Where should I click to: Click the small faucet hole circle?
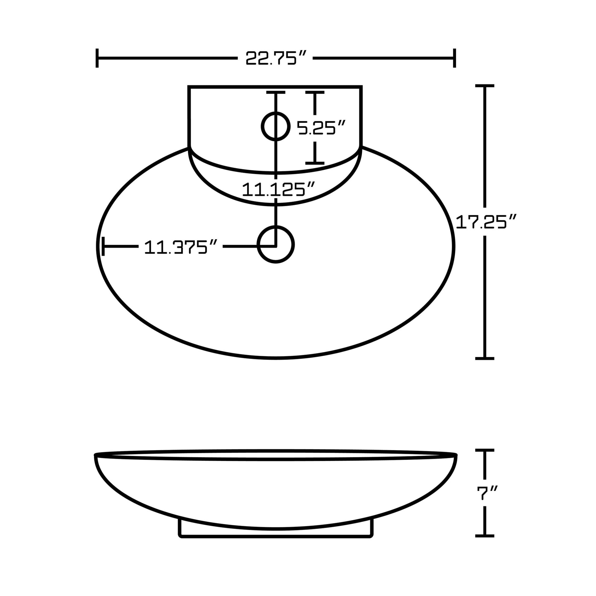(x=276, y=126)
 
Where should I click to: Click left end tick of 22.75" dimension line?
(x=97, y=58)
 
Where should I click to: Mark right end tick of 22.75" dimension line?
(x=454, y=58)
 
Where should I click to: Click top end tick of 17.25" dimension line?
(x=485, y=86)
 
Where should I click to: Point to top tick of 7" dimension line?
(x=485, y=451)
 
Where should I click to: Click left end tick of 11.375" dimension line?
(x=103, y=246)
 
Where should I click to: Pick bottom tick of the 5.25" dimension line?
(x=315, y=163)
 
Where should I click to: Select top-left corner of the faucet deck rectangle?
(x=189, y=87)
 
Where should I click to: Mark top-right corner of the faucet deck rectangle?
(x=361, y=87)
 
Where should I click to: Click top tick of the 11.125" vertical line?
(x=276, y=92)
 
